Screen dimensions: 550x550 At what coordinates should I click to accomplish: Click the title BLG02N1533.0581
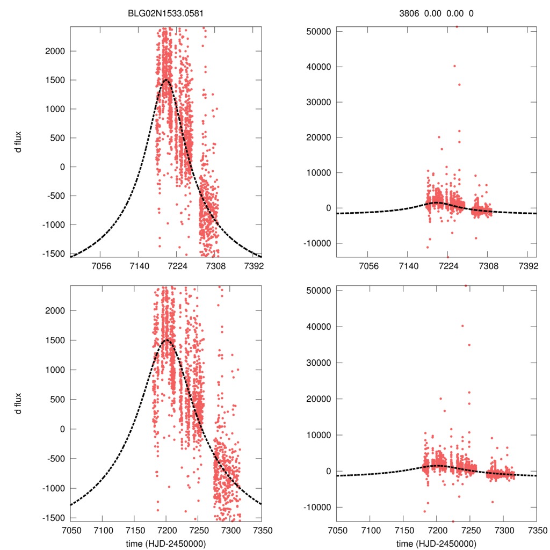[x=165, y=13]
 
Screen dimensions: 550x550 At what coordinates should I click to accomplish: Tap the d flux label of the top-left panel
[x=19, y=141]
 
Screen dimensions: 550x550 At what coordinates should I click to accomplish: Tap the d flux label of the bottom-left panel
[x=19, y=401]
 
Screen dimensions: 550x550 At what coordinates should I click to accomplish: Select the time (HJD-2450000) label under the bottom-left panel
[x=165, y=544]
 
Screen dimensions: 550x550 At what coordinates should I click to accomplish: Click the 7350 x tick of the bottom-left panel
[x=262, y=529]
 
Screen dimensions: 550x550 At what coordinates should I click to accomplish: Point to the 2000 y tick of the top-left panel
[x=54, y=51]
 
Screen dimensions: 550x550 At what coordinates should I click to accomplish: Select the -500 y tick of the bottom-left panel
[x=54, y=458]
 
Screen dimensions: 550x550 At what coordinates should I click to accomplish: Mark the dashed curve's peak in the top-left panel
[x=166, y=80]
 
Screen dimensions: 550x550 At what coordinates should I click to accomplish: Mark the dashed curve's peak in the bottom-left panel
[x=166, y=340]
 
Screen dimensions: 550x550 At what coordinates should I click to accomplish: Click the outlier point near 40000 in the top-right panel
[x=454, y=66]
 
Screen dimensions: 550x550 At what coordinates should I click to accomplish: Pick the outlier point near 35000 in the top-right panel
[x=459, y=84]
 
